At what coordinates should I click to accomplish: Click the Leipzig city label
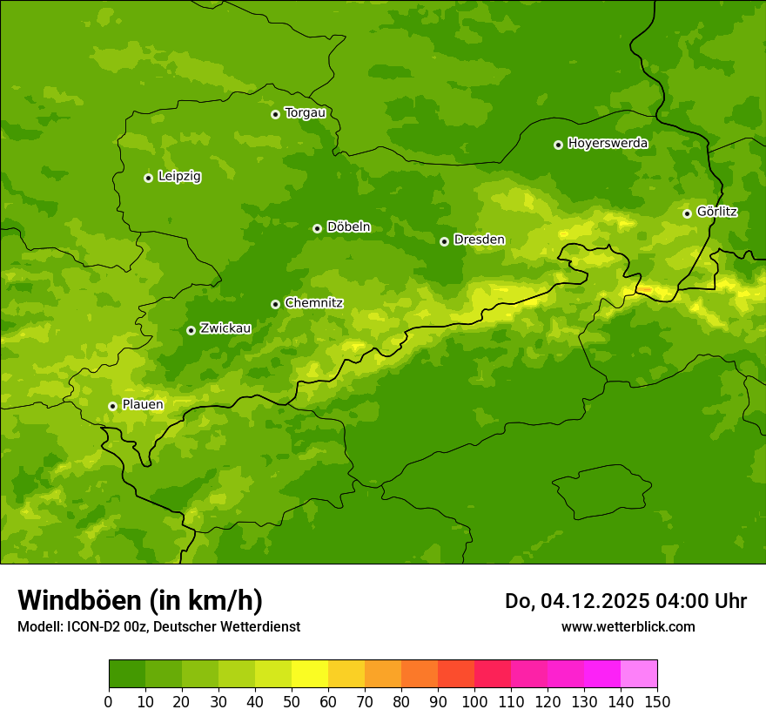pos(179,176)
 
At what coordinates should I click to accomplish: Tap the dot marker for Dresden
pos(444,241)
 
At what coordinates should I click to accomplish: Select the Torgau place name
pos(305,112)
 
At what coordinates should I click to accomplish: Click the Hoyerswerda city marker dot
pos(558,145)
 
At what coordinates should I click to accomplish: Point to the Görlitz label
pos(716,212)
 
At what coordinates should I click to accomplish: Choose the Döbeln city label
pos(348,226)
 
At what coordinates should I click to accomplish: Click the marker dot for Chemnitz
pos(275,304)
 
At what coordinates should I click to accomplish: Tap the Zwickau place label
pos(225,328)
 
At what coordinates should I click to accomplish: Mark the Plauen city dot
pos(112,406)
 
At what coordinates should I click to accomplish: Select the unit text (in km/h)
pos(205,600)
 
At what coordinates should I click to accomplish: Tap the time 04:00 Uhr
pos(700,601)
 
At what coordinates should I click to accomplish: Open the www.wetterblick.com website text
pos(628,626)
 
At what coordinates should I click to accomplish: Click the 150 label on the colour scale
pos(657,701)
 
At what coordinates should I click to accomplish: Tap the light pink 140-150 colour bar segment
pos(639,674)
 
